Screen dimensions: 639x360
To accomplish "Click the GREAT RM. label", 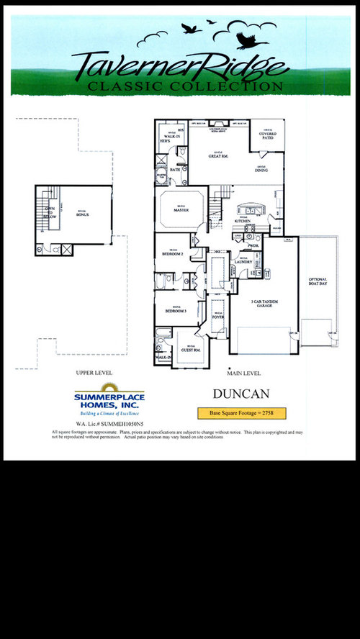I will [218, 155].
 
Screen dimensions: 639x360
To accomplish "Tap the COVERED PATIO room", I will [268, 135].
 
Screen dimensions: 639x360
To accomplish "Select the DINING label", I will [261, 171].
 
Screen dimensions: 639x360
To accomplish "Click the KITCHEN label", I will [242, 221].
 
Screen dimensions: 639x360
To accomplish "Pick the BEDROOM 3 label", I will [175, 310].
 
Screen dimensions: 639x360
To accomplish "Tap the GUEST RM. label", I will [192, 350].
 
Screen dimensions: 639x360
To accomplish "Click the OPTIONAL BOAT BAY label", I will [318, 281].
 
